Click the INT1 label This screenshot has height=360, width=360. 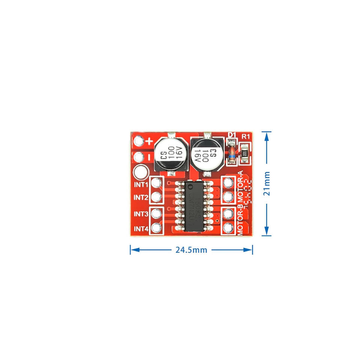141,184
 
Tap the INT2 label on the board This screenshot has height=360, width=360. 141,198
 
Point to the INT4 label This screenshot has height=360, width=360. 141,228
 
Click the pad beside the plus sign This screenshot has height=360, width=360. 139,141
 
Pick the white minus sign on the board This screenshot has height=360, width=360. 149,157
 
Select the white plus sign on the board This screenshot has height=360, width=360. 149,142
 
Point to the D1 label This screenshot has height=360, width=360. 232,135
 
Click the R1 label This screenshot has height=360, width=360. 246,135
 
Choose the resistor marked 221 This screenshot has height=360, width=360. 245,153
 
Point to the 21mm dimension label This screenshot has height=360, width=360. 267,183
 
